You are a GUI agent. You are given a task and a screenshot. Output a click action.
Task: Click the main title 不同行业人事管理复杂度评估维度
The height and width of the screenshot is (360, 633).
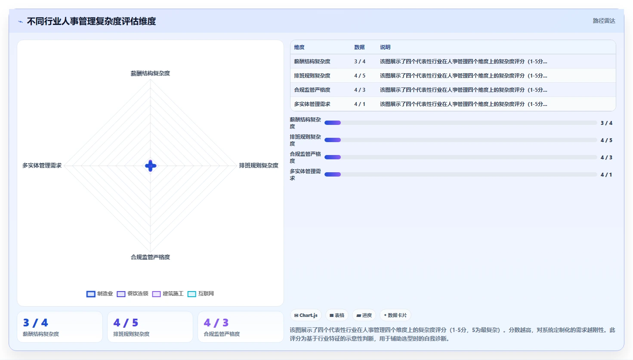tap(91, 21)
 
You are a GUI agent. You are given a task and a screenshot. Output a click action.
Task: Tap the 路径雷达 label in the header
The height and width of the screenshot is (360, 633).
tap(604, 21)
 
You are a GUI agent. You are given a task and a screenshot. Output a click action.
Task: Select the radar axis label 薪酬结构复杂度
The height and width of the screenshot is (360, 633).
tap(150, 73)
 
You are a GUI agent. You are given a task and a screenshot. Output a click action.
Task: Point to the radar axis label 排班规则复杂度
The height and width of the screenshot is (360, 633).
tap(259, 165)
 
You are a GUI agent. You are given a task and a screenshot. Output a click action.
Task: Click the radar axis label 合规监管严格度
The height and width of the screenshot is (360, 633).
tap(150, 257)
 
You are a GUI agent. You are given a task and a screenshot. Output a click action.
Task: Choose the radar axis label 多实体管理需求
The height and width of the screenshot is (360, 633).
tap(42, 165)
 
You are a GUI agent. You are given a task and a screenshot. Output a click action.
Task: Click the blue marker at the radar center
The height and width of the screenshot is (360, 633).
tap(150, 166)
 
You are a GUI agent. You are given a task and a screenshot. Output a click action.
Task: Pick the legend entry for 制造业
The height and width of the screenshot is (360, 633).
tap(99, 294)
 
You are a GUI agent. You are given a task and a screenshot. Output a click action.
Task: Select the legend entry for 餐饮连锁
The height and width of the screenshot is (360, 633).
tap(132, 294)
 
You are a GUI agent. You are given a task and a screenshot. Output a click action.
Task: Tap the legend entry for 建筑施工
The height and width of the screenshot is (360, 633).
tap(168, 294)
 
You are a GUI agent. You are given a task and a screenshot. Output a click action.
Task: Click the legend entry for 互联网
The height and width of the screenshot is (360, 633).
tap(201, 294)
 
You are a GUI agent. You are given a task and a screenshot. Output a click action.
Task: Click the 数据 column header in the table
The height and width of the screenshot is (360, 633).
tap(359, 47)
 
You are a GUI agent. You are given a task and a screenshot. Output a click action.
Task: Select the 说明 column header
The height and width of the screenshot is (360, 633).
tap(385, 47)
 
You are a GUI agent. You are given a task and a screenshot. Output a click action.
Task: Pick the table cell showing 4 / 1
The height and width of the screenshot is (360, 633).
tap(360, 104)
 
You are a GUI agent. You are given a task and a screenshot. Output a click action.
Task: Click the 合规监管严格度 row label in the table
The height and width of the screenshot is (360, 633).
tap(312, 90)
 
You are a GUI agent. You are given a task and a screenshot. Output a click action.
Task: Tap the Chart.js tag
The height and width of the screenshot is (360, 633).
tap(306, 315)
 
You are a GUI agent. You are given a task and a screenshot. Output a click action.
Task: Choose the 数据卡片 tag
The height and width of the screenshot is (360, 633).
tap(395, 315)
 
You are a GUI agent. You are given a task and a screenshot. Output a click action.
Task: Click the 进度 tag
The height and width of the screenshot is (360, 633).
tap(364, 315)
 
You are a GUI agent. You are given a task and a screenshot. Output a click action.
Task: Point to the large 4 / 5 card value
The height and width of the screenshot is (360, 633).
tap(126, 323)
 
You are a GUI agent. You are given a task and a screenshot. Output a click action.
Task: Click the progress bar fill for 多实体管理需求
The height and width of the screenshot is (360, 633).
tap(333, 174)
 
